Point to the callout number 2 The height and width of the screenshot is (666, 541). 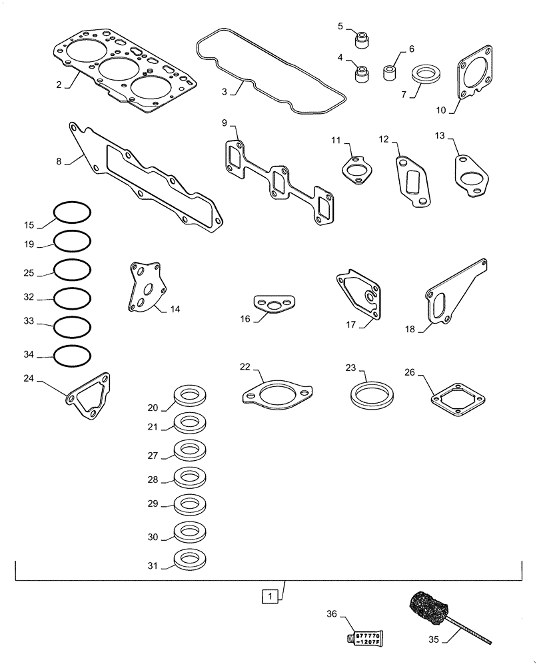click(x=59, y=85)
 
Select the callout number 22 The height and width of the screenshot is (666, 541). click(x=245, y=367)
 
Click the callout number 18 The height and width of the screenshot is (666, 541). click(x=410, y=328)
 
